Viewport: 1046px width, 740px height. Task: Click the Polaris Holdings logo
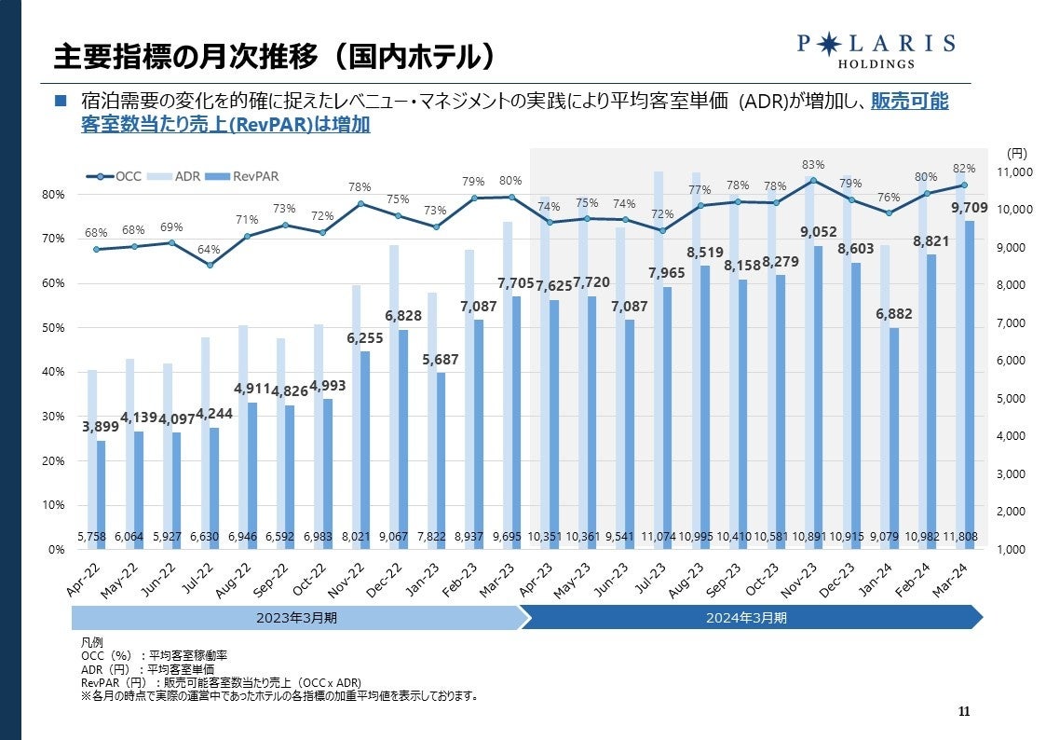click(876, 49)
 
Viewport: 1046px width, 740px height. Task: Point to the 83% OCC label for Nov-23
click(813, 165)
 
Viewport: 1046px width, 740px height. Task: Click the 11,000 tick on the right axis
click(1015, 172)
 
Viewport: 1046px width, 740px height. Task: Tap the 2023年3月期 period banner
click(295, 617)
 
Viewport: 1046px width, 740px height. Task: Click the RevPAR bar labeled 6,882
click(894, 438)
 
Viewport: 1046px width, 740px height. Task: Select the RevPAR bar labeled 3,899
click(102, 494)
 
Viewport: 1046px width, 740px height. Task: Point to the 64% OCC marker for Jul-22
click(211, 265)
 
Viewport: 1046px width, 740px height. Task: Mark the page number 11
click(964, 713)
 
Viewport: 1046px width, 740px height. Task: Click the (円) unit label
click(1016, 153)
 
